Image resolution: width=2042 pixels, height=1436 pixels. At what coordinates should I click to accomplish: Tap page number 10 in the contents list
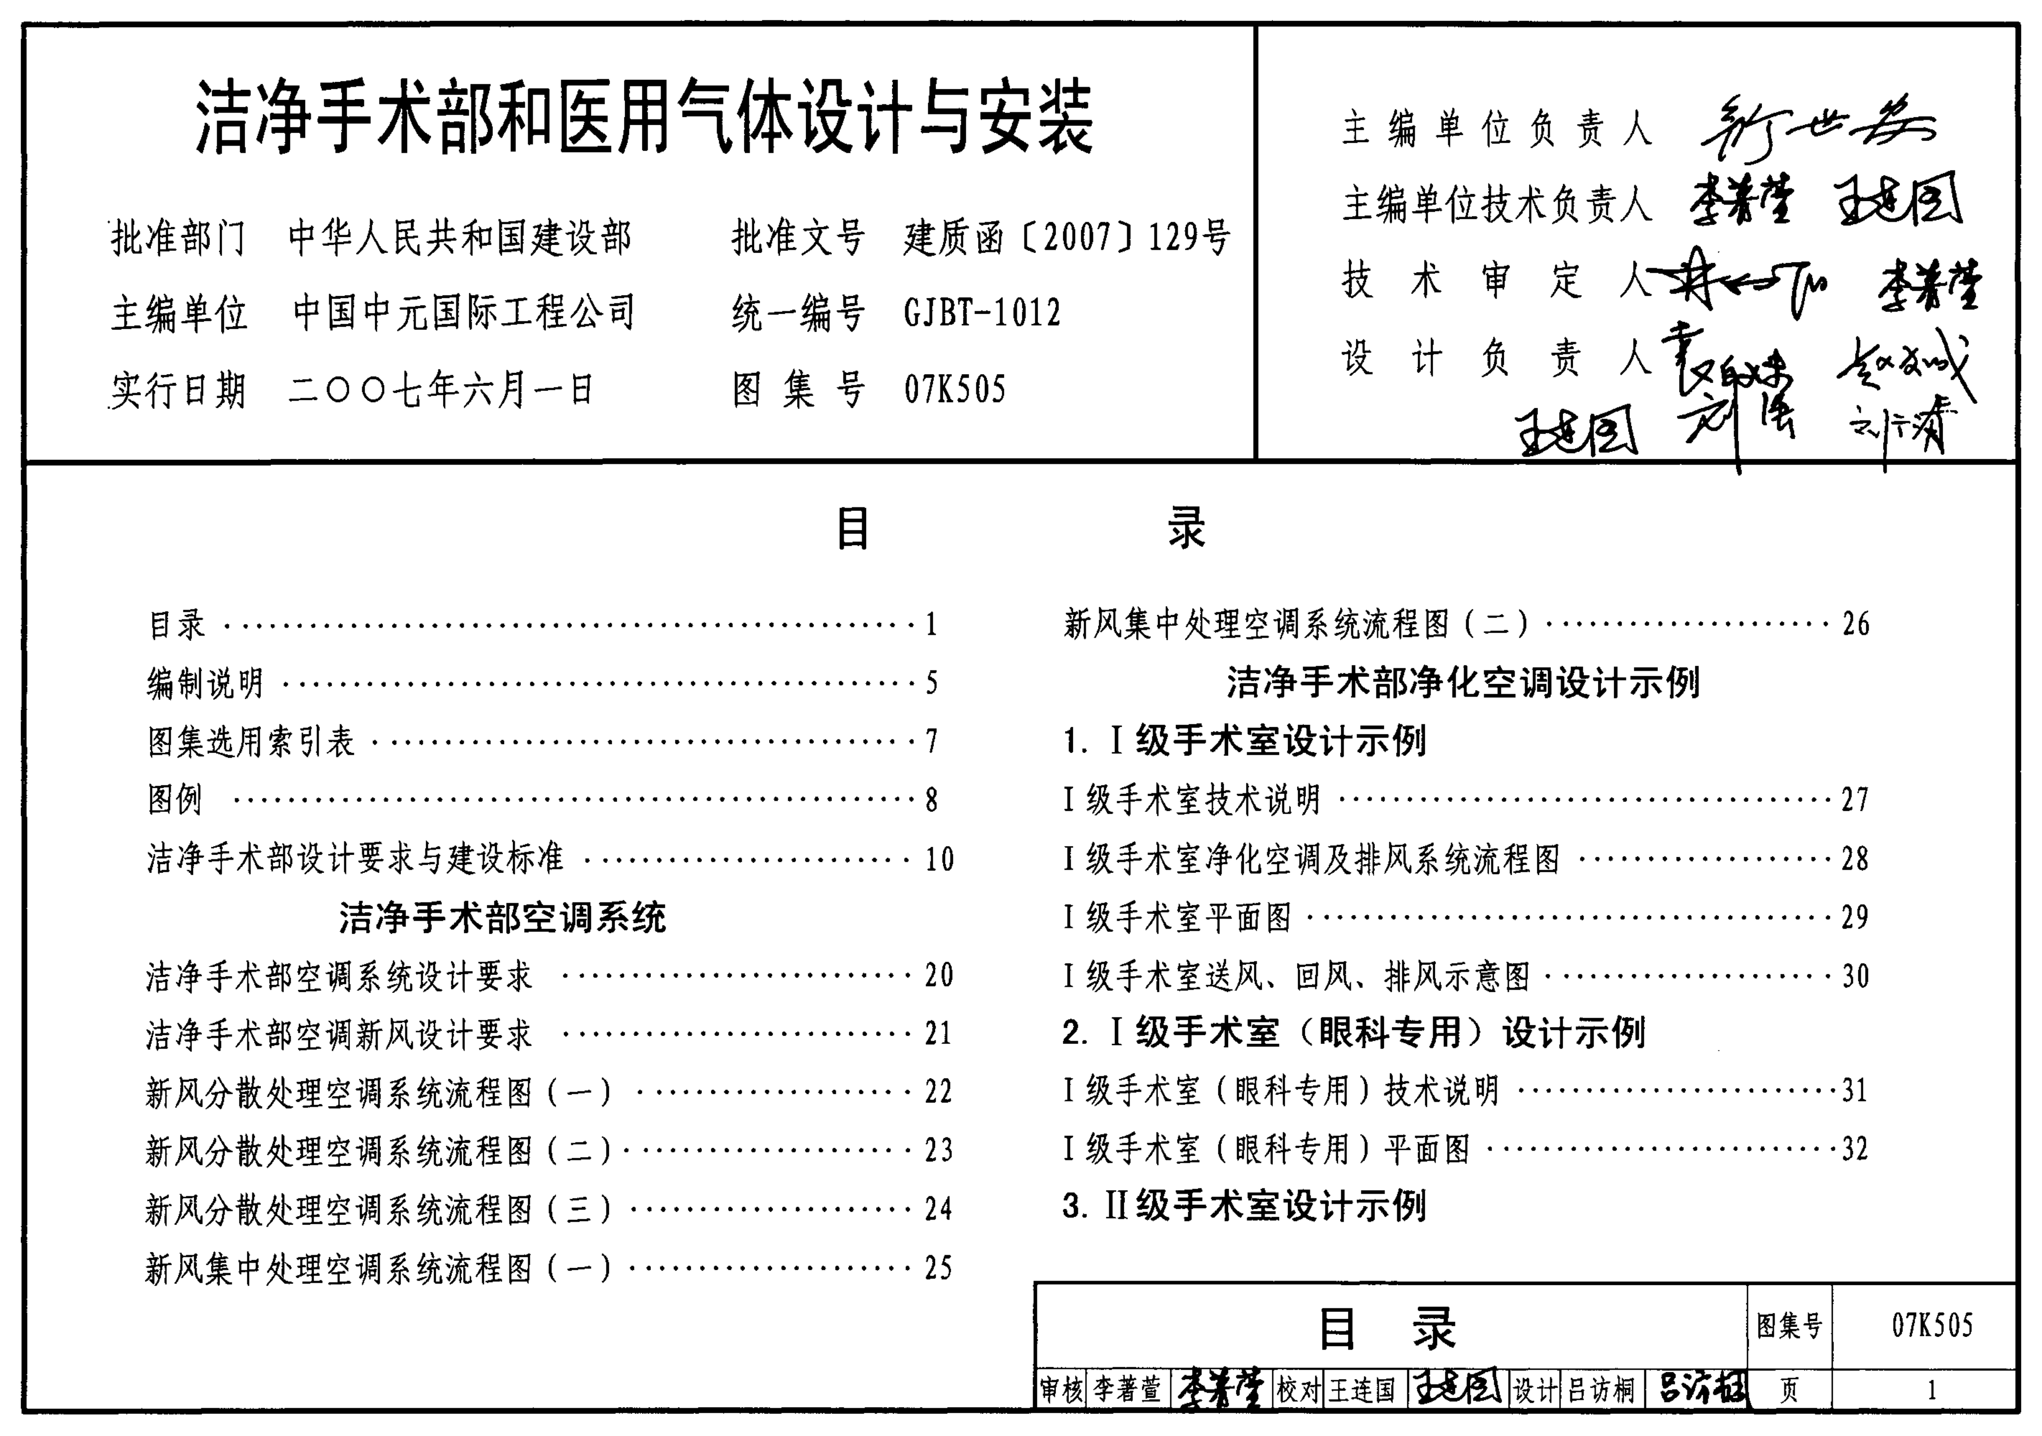(x=939, y=859)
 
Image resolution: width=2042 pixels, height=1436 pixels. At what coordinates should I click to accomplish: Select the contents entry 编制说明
(x=205, y=683)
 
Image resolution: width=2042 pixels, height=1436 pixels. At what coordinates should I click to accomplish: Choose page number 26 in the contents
(x=1855, y=624)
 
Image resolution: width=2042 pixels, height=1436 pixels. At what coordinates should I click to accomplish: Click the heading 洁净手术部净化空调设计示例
(x=1463, y=683)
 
